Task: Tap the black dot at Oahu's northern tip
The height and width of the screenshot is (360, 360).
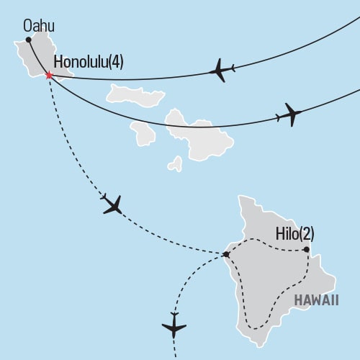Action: [28, 40]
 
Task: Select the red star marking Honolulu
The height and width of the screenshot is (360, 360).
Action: [49, 75]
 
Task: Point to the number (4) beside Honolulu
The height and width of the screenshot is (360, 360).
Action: [115, 62]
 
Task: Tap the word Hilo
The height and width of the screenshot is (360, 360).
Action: [287, 234]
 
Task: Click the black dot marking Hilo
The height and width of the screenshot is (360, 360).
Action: [306, 250]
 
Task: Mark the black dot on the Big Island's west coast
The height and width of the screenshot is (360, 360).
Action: [226, 254]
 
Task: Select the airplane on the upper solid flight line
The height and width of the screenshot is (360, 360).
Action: [222, 71]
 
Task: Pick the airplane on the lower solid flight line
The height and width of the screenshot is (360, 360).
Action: [289, 114]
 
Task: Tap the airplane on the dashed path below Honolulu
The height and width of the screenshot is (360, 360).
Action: [112, 205]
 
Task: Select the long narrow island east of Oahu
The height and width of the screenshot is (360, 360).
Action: [135, 95]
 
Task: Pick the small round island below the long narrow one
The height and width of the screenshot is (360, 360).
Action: [143, 132]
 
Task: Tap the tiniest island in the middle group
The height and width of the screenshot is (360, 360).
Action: [175, 165]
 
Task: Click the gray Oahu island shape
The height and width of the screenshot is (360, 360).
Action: [36, 58]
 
